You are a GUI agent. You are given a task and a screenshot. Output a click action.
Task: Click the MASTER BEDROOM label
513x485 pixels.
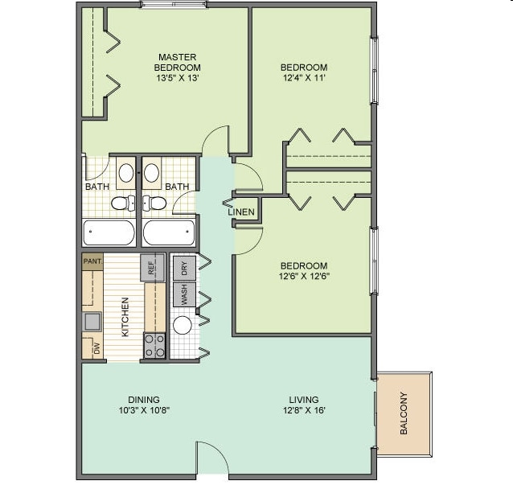coord(179,62)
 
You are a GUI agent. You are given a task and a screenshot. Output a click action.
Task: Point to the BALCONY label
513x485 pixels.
coord(404,412)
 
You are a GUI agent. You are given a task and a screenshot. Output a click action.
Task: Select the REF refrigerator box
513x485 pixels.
coord(151,267)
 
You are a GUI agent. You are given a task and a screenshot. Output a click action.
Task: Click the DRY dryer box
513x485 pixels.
coord(184,267)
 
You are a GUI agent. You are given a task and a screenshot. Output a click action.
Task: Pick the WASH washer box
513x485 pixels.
coord(184,295)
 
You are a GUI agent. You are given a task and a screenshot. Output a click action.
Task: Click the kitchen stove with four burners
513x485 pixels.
coord(154,346)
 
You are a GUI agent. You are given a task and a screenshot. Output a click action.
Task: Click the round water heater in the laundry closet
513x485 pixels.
coord(183,326)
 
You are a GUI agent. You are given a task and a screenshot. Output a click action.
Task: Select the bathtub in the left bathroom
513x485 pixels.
coord(109,232)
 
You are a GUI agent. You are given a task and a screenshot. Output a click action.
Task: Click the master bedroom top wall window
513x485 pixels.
coord(174,5)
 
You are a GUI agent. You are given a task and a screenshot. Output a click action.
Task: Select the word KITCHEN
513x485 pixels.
coord(125,316)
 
